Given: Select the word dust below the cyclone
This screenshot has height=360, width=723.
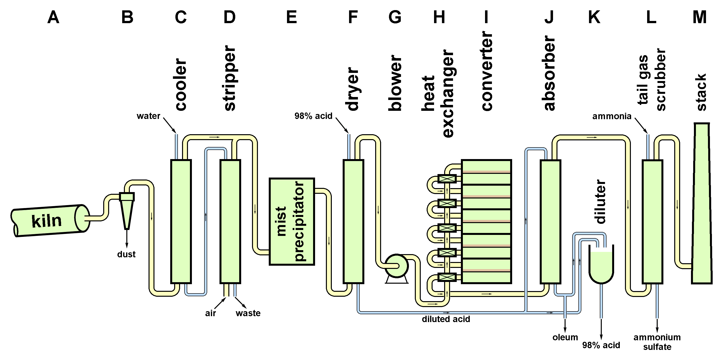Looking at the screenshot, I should pyautogui.click(x=126, y=254).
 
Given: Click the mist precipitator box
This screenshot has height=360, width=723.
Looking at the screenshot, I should pyautogui.click(x=292, y=222).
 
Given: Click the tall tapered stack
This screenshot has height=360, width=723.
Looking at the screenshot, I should pyautogui.click(x=701, y=205).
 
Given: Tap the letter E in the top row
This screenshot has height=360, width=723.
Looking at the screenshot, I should pyautogui.click(x=291, y=17).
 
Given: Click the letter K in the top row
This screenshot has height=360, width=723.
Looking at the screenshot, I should pyautogui.click(x=594, y=17).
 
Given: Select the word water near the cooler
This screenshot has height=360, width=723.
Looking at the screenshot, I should pyautogui.click(x=148, y=116).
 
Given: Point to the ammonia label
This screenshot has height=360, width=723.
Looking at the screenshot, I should pyautogui.click(x=612, y=116).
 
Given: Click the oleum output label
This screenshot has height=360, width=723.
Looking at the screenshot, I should pyautogui.click(x=565, y=337).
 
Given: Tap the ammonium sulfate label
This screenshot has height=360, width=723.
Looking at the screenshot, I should pyautogui.click(x=657, y=342).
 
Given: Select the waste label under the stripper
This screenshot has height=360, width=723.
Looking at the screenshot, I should pyautogui.click(x=248, y=313).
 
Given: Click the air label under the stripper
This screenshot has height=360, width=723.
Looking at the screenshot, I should pyautogui.click(x=211, y=313).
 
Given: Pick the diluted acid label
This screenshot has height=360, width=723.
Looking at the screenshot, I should pyautogui.click(x=446, y=319).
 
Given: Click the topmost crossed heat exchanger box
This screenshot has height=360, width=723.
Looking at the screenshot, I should pyautogui.click(x=447, y=179).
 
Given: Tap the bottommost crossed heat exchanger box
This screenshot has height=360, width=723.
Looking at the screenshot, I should pyautogui.click(x=447, y=278).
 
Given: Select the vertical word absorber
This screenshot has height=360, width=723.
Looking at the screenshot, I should pyautogui.click(x=549, y=73).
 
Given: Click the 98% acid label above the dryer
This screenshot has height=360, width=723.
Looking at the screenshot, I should pyautogui.click(x=313, y=116).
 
